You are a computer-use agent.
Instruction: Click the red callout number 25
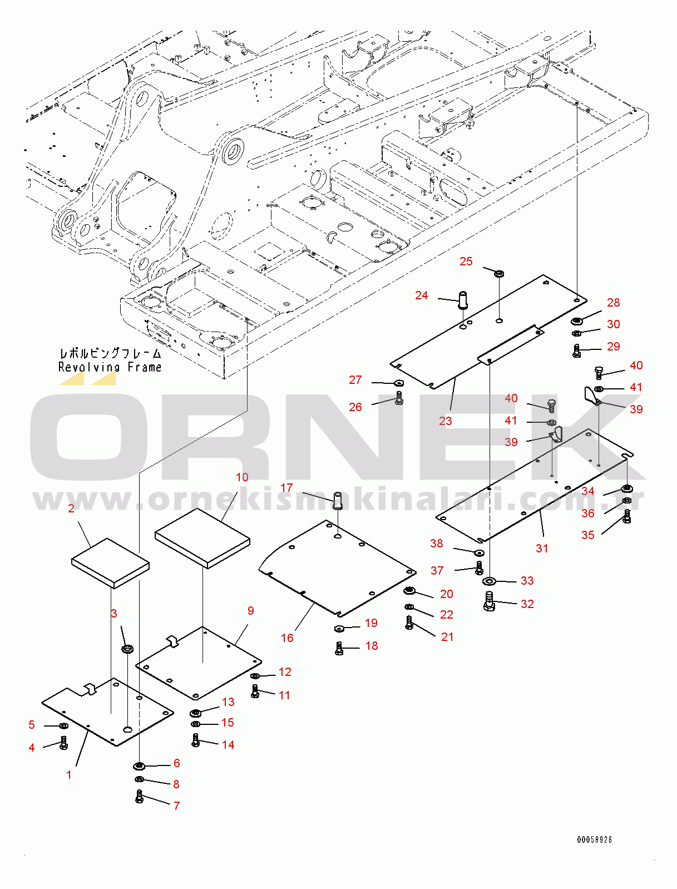click(466, 261)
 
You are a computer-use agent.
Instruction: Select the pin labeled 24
click(462, 299)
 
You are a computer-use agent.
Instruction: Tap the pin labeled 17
click(337, 500)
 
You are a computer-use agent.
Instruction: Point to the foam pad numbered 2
click(110, 562)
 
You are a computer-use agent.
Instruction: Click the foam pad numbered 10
click(202, 537)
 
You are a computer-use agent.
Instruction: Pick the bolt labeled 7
click(140, 797)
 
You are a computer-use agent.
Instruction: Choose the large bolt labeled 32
click(489, 601)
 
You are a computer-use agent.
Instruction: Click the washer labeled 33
click(489, 581)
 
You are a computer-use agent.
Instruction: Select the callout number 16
click(287, 638)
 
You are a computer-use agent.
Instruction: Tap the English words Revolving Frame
click(110, 367)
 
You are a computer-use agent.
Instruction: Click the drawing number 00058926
click(594, 839)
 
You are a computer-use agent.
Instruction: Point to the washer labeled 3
click(128, 649)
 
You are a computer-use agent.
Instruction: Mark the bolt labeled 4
click(63, 742)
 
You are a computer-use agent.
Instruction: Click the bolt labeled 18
click(339, 648)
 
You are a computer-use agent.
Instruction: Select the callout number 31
click(542, 548)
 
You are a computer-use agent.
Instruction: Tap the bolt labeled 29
click(577, 350)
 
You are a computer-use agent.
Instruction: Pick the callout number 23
click(445, 421)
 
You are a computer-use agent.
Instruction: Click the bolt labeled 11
click(255, 692)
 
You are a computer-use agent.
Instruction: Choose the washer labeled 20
click(411, 590)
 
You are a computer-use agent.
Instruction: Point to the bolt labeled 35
click(627, 517)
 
